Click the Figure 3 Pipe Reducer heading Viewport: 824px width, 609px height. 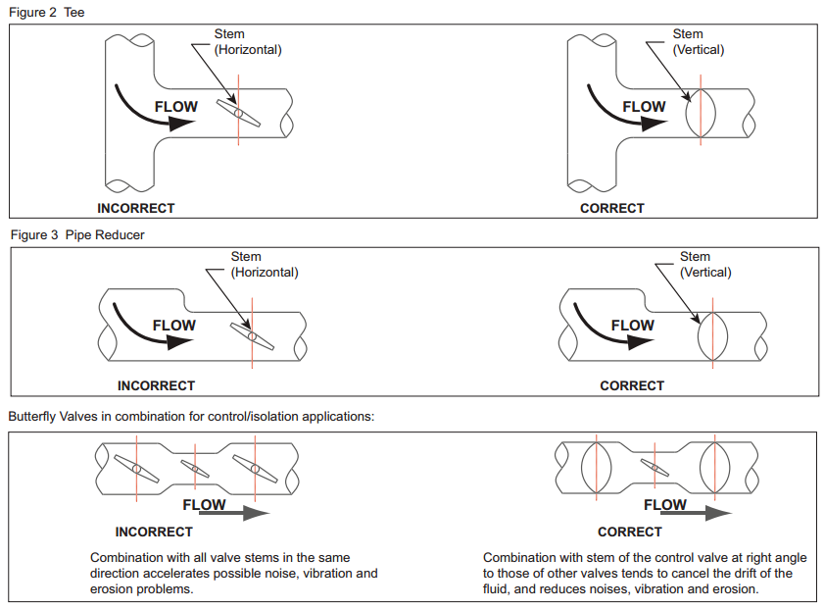(x=77, y=235)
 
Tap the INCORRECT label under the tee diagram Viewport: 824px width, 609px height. (x=136, y=208)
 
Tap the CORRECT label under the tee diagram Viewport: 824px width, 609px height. (x=612, y=208)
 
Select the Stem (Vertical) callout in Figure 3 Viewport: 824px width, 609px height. (x=705, y=265)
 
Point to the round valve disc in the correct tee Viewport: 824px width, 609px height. (x=701, y=114)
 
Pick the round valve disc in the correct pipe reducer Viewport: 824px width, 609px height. (x=712, y=336)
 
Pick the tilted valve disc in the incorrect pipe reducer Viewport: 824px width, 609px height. (x=252, y=336)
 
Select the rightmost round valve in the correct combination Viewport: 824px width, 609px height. (x=715, y=469)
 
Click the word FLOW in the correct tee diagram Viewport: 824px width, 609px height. (x=644, y=107)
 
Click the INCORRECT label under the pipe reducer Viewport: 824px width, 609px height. (x=156, y=385)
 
